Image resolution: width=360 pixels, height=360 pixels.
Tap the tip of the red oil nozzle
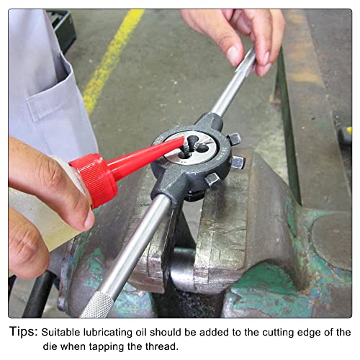[x=184, y=140]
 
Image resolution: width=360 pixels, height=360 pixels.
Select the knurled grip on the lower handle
[x=99, y=305]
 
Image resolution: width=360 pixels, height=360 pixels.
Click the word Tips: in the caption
[x=24, y=332]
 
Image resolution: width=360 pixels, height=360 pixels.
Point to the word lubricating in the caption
[x=107, y=333]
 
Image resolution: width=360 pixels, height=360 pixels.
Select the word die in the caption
[x=50, y=346]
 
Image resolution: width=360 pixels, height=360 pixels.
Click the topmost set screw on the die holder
[x=235, y=139]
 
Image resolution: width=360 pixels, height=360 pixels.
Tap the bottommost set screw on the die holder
[x=212, y=181]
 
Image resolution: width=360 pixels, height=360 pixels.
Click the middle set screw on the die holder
[x=238, y=162]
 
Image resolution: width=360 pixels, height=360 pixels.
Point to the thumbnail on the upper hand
[x=233, y=55]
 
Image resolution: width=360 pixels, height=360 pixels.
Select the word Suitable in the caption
[x=60, y=333]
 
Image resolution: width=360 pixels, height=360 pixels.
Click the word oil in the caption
[x=141, y=333]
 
